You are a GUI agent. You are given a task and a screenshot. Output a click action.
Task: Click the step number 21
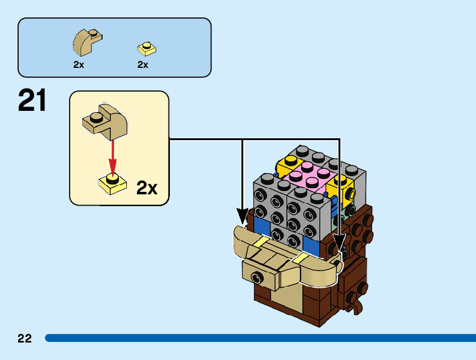click(33, 100)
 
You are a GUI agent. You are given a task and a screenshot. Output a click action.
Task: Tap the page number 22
click(24, 339)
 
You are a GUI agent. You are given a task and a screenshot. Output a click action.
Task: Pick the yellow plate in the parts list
click(147, 48)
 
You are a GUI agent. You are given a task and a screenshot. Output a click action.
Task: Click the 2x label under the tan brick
click(78, 65)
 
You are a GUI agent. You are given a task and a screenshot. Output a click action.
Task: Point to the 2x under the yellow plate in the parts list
click(143, 65)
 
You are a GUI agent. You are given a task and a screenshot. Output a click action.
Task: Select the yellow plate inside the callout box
click(113, 182)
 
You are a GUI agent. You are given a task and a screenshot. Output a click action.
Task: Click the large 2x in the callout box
click(147, 187)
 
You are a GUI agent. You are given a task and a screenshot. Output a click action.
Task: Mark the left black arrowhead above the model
click(242, 216)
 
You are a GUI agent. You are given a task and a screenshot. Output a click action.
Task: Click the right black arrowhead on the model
click(340, 242)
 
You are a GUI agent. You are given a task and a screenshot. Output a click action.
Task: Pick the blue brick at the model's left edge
click(261, 224)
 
